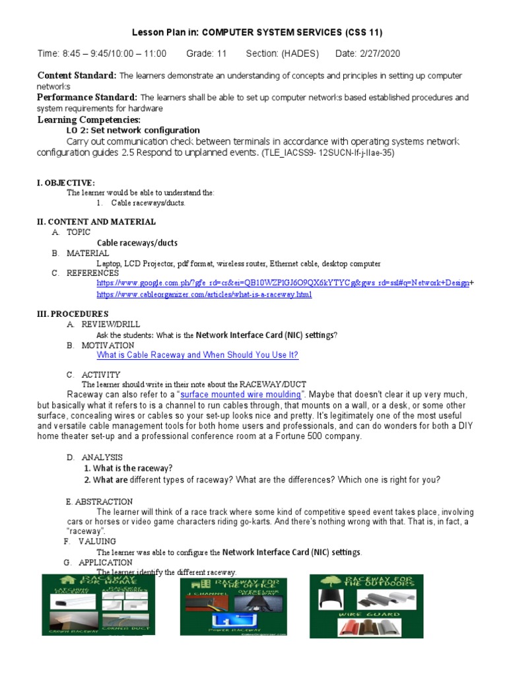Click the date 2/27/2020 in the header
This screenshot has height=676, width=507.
[378, 53]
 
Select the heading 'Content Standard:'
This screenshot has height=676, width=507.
[77, 75]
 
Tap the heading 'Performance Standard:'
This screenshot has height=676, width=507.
[87, 97]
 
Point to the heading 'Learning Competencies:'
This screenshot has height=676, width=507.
[88, 119]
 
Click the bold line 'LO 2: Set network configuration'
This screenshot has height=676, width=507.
[133, 130]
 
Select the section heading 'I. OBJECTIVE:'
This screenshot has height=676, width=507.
[65, 182]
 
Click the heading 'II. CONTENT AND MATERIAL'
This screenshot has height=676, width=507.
[96, 222]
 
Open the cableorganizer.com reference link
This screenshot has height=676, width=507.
[204, 294]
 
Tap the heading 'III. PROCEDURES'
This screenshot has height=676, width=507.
[73, 314]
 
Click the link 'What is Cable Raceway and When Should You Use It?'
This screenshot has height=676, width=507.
[197, 355]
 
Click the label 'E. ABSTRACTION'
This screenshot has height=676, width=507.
[99, 502]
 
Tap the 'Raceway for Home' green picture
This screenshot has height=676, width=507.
[95, 605]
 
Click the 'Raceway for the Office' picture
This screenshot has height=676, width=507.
[233, 606]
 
